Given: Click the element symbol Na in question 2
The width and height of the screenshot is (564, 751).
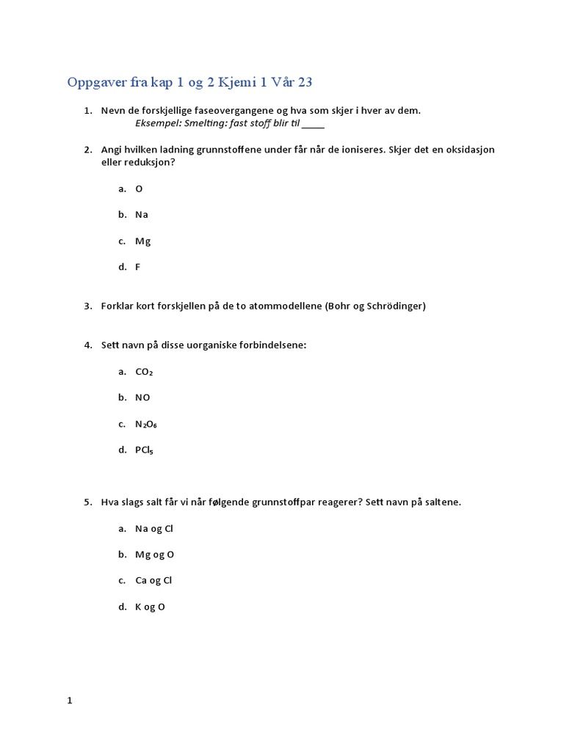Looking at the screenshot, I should click(x=142, y=215).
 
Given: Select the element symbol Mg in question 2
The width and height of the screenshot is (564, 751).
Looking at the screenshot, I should click(x=143, y=241).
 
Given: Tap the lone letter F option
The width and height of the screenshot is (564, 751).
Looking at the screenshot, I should click(x=138, y=267).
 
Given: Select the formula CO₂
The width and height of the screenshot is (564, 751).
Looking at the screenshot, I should click(x=145, y=372).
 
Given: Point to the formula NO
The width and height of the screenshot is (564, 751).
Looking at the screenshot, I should click(x=142, y=398).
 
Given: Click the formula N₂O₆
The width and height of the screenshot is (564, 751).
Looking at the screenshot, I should click(x=146, y=424).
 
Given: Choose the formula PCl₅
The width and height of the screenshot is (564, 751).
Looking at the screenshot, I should click(x=145, y=450).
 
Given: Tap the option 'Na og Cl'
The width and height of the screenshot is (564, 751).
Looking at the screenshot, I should click(x=154, y=529).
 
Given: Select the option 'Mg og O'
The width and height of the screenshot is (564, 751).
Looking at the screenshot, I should click(x=155, y=554).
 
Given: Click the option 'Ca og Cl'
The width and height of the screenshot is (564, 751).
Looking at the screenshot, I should click(x=153, y=581).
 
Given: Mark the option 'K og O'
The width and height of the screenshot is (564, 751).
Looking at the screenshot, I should click(x=151, y=607).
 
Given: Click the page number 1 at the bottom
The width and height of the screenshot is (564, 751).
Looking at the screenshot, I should click(x=70, y=700).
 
